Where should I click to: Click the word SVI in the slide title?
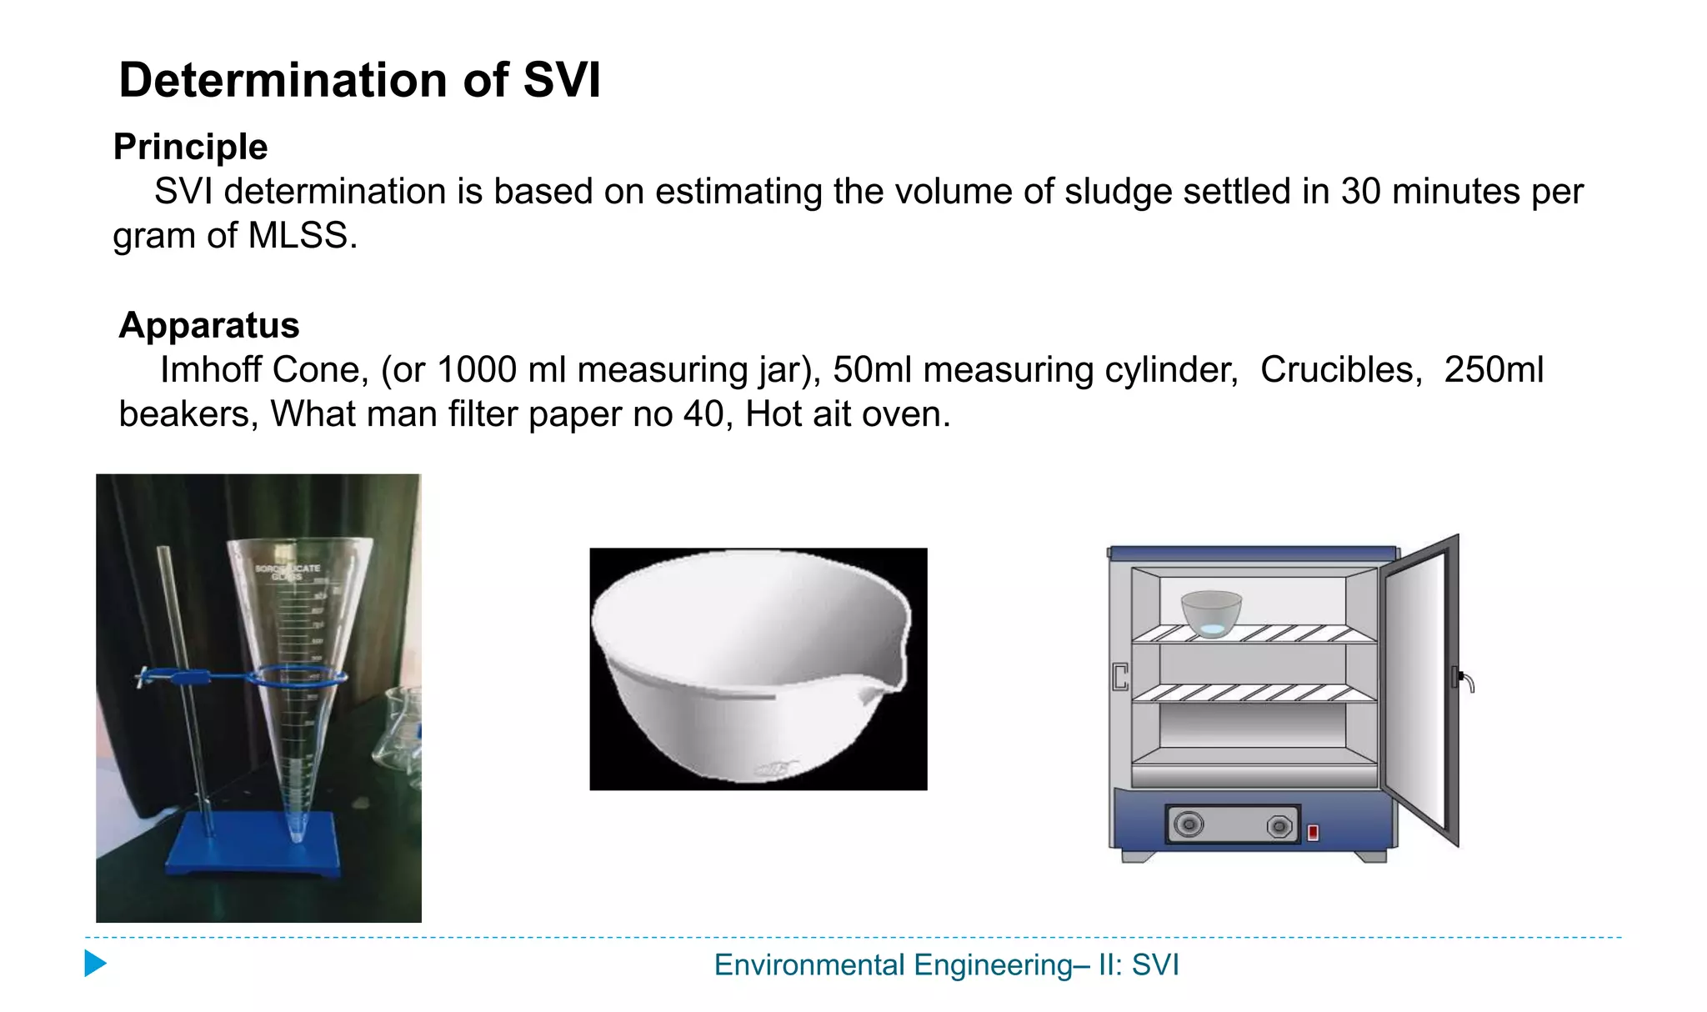pyautogui.click(x=561, y=81)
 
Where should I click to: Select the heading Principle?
pyautogui.click(x=190, y=147)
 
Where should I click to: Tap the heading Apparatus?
pyautogui.click(x=208, y=325)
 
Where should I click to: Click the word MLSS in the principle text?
pyautogui.click(x=297, y=236)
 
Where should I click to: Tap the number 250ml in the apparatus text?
pyautogui.click(x=1494, y=370)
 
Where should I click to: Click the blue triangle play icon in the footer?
pyautogui.click(x=95, y=964)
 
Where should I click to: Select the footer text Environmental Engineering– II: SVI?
pyautogui.click(x=946, y=965)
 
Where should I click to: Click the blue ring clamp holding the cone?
pyautogui.click(x=296, y=676)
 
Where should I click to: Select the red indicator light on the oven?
pyautogui.click(x=1313, y=832)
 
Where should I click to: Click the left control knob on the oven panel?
pyautogui.click(x=1189, y=825)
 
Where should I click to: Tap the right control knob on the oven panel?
pyautogui.click(x=1279, y=826)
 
